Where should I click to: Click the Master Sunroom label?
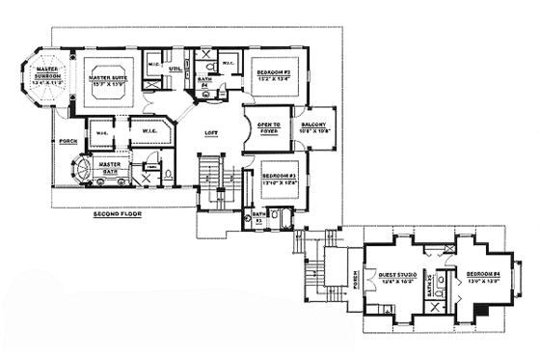47,76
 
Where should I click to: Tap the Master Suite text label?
107,76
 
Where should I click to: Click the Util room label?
176,69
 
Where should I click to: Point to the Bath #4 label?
206,83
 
